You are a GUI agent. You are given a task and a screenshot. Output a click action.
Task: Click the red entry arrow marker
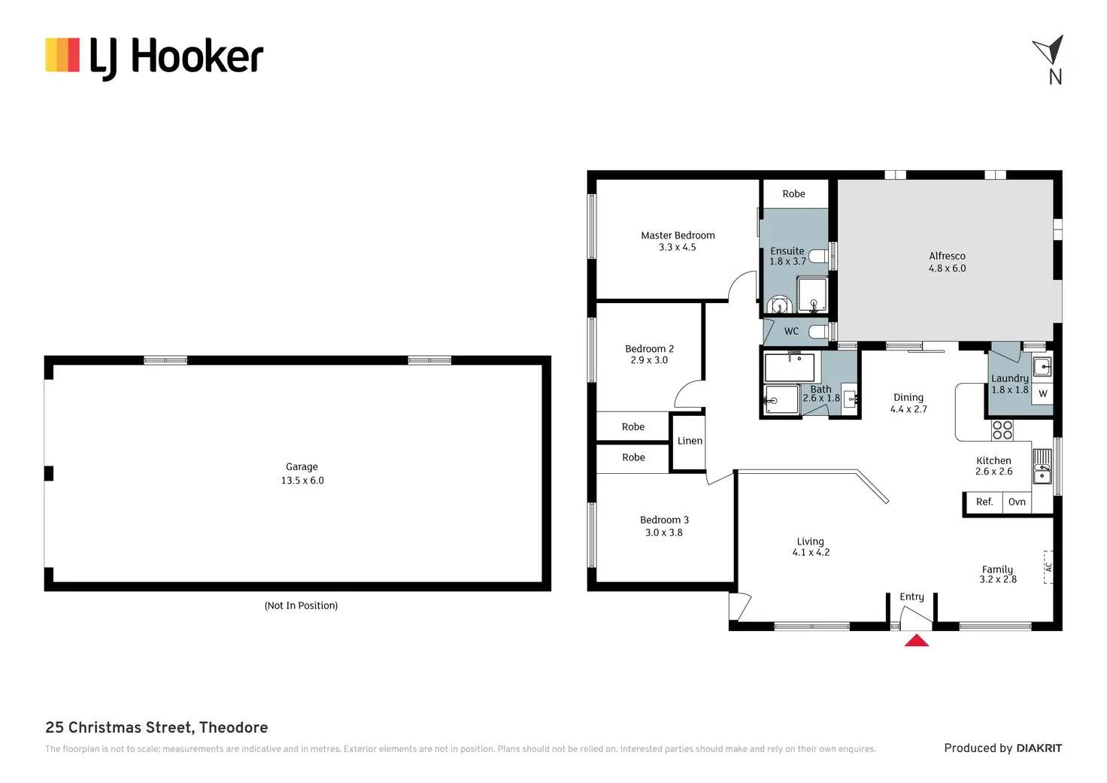pos(916,641)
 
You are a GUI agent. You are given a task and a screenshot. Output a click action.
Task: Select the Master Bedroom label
pos(678,235)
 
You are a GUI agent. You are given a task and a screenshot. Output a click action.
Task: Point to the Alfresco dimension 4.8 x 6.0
pos(947,269)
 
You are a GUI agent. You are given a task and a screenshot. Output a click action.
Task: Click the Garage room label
pos(302,467)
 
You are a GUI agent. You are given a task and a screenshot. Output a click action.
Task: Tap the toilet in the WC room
pos(818,331)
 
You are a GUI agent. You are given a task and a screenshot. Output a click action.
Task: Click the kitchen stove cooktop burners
pos(1002,430)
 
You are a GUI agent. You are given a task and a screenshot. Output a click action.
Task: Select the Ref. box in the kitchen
pos(984,502)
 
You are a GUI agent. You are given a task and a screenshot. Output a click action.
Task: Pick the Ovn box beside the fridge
pos(1017,502)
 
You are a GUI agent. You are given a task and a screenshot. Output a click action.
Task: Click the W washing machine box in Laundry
pos(1042,394)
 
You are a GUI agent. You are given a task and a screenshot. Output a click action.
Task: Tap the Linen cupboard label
pos(690,442)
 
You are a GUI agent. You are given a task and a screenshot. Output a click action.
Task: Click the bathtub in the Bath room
pos(789,368)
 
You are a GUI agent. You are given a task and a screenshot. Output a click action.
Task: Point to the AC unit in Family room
pos(1048,567)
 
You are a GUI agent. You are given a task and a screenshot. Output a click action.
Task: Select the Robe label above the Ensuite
pos(793,194)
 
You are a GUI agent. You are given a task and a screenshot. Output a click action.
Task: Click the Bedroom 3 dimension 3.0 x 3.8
pos(664,533)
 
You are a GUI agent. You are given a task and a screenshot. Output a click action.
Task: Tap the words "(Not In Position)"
pos(301,605)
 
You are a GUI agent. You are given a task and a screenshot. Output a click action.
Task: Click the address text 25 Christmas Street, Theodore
pos(156,727)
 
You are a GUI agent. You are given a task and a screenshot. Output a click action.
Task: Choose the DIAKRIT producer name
pos(1039,748)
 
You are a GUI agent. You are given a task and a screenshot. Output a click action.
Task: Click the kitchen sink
pos(1042,466)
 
